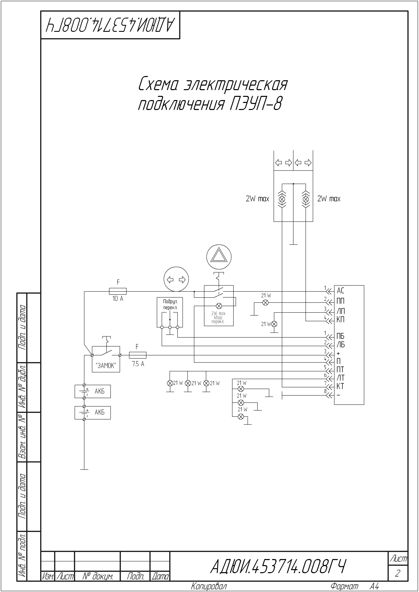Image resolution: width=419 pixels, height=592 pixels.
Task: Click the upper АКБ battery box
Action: click(x=93, y=391)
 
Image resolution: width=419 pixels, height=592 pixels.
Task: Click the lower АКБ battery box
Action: click(x=93, y=413)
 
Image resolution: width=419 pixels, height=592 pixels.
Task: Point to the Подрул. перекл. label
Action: click(x=170, y=304)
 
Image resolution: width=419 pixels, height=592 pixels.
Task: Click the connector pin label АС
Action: click(x=340, y=291)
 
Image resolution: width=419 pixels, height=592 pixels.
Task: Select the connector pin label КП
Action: click(x=340, y=320)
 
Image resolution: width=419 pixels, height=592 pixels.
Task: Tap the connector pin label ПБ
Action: click(x=340, y=336)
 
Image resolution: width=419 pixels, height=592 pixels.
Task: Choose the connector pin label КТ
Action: click(x=340, y=386)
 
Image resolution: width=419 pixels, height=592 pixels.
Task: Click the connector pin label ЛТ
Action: click(x=340, y=378)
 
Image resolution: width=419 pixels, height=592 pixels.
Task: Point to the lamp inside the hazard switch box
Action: click(x=219, y=306)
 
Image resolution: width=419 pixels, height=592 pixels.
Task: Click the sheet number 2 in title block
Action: click(x=398, y=573)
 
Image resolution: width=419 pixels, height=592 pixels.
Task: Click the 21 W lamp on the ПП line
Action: click(x=265, y=303)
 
